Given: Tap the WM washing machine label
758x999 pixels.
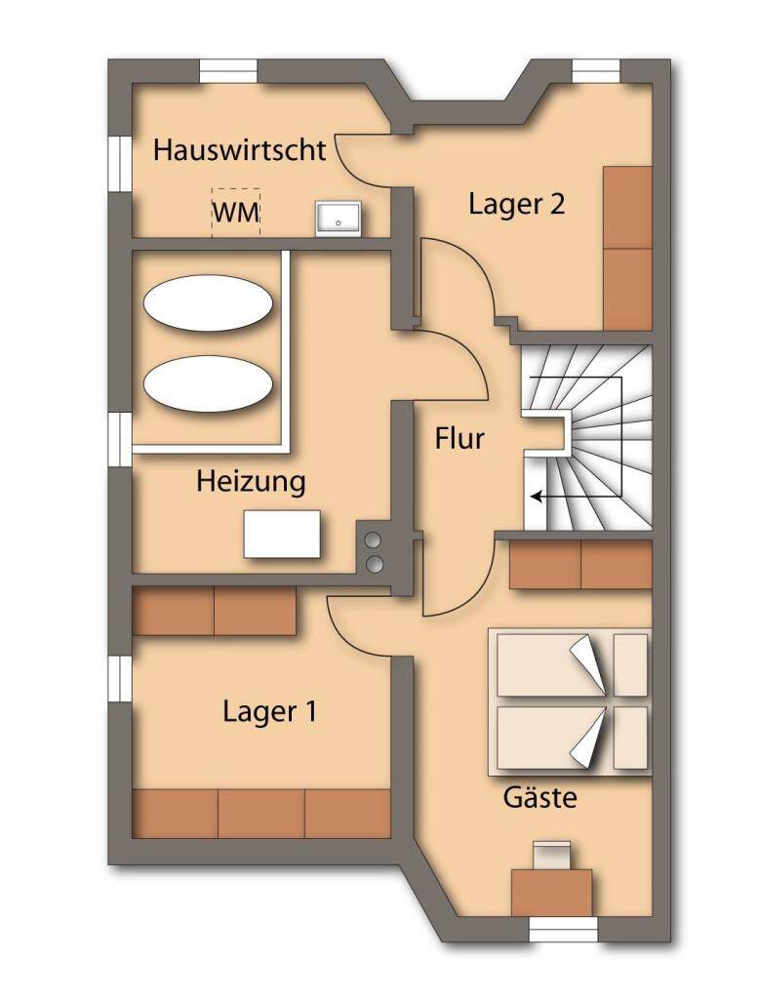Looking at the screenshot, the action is (236, 213).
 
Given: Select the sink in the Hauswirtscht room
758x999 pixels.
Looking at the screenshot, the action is (339, 219).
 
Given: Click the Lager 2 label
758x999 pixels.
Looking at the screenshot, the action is (517, 205).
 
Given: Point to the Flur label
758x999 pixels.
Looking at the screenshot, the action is (459, 439).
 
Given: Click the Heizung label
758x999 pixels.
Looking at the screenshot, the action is (251, 481).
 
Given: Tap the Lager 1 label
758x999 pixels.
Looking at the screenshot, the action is (269, 711).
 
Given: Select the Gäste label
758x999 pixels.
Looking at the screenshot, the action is (539, 798).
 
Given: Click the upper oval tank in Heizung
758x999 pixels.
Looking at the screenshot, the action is (208, 303).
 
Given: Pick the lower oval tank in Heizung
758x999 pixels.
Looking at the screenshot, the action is (208, 382).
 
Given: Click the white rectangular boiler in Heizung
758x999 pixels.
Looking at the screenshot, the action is (283, 534).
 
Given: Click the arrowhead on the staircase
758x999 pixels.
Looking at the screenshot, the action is (536, 497).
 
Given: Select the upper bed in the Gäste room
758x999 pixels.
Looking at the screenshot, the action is (572, 664).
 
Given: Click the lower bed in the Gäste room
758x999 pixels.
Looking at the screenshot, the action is (572, 739).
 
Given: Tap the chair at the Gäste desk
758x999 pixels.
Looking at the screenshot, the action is (552, 854).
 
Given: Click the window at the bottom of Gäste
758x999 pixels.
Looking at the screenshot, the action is (562, 930).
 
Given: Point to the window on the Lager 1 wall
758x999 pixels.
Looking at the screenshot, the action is (120, 679).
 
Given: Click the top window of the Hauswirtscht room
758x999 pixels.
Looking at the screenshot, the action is (229, 71).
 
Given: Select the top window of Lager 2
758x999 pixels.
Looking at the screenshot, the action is (595, 71).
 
